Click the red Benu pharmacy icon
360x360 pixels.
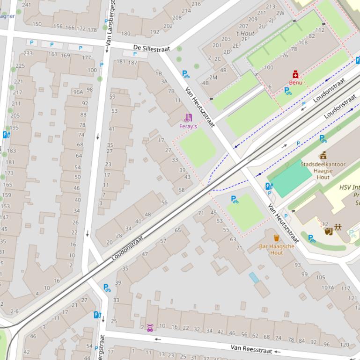click(295, 75)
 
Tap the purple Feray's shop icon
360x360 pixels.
click(188, 117)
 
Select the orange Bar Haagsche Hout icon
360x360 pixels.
click(276, 238)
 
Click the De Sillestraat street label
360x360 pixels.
click(150, 48)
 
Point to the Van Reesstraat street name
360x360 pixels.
click(251, 349)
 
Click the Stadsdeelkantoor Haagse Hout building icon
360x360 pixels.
click(323, 155)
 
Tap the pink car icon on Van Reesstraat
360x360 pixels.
click(150, 328)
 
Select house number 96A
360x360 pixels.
click(78, 92)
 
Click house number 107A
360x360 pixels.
click(328, 288)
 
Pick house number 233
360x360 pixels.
click(28, 53)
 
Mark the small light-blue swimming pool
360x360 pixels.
click(254, 278)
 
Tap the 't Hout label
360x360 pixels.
click(245, 33)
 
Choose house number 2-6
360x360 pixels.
click(14, 311)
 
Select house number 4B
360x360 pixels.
click(205, 83)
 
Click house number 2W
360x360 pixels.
click(280, 13)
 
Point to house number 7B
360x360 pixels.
click(171, 91)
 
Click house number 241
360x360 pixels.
click(27, 5)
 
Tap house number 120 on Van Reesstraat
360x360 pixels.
click(344, 345)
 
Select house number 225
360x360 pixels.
click(20, 66)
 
